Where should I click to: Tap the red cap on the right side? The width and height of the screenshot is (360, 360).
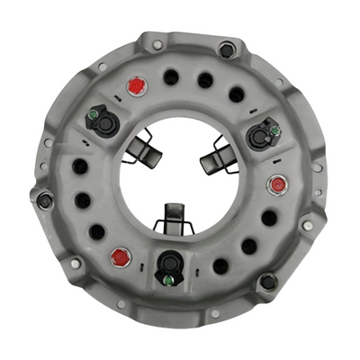278,184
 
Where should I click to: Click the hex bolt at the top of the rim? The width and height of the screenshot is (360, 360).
226,50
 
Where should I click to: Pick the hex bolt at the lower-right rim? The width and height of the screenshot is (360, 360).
268,282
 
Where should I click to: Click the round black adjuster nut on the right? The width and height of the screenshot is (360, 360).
261,136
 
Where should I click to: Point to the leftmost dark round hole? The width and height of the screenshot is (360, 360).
80,166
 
